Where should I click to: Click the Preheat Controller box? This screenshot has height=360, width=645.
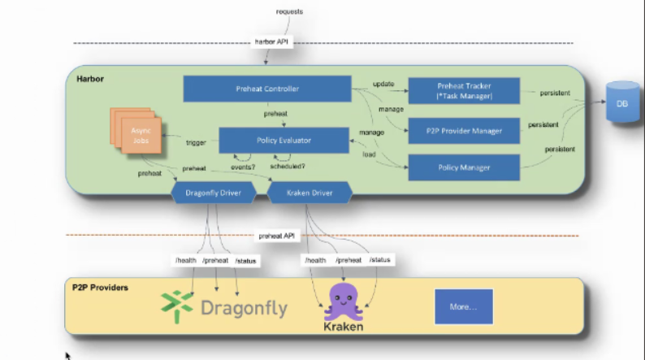tap(266, 89)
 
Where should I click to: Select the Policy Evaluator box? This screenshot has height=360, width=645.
tap(277, 140)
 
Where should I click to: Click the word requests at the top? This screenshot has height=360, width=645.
tap(289, 11)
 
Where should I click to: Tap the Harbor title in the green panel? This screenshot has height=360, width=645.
tap(90, 80)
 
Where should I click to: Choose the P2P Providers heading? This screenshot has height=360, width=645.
tap(100, 288)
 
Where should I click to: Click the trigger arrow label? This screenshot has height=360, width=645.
tap(196, 142)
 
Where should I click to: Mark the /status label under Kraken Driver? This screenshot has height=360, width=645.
tap(380, 259)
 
